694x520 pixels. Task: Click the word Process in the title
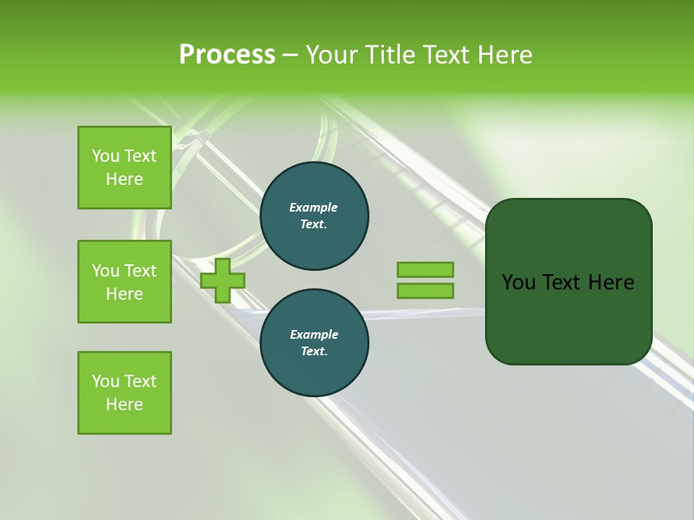tap(227, 55)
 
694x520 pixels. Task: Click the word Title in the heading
tap(390, 55)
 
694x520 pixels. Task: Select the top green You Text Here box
tap(124, 168)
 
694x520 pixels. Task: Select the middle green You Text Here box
tap(124, 282)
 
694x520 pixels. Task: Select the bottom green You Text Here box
tap(124, 393)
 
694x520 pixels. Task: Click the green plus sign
tap(223, 281)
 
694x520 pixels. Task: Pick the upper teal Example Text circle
tap(314, 216)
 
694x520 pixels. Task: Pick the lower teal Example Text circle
tap(314, 343)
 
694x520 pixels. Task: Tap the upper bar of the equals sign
tap(425, 269)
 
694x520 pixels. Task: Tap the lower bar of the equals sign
tap(425, 291)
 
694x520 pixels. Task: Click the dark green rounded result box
tap(569, 318)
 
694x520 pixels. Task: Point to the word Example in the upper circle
tap(314, 207)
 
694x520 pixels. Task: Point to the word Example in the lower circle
tap(314, 334)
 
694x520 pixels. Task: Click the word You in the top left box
tap(106, 156)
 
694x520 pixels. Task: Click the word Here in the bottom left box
tap(124, 404)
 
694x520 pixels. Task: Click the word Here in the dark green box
tap(611, 282)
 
